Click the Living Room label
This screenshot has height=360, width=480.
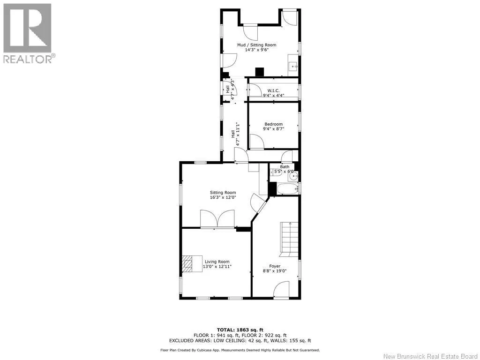click(217, 262)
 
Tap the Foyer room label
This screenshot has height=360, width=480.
click(275, 266)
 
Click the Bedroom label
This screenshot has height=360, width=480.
click(273, 124)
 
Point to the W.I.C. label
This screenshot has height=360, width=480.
click(273, 90)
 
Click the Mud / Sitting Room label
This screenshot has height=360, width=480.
click(256, 45)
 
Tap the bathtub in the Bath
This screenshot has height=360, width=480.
click(287, 189)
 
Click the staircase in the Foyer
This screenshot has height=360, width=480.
click(289, 239)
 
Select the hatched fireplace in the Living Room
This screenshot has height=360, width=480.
click(187, 264)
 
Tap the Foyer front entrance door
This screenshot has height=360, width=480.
click(281, 290)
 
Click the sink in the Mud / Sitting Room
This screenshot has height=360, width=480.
click(293, 66)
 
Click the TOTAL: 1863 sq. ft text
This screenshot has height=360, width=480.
click(240, 330)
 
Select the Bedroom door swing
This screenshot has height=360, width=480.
click(257, 142)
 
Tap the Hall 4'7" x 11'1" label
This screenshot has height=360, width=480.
click(235, 134)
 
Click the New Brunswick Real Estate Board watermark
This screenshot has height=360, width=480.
click(431, 356)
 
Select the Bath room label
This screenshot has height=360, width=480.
click(285, 167)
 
